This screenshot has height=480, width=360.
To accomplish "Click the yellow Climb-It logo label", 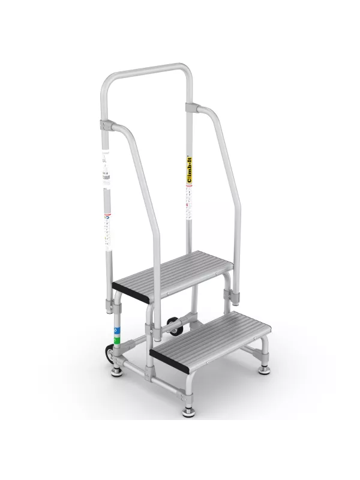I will click(189, 170).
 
